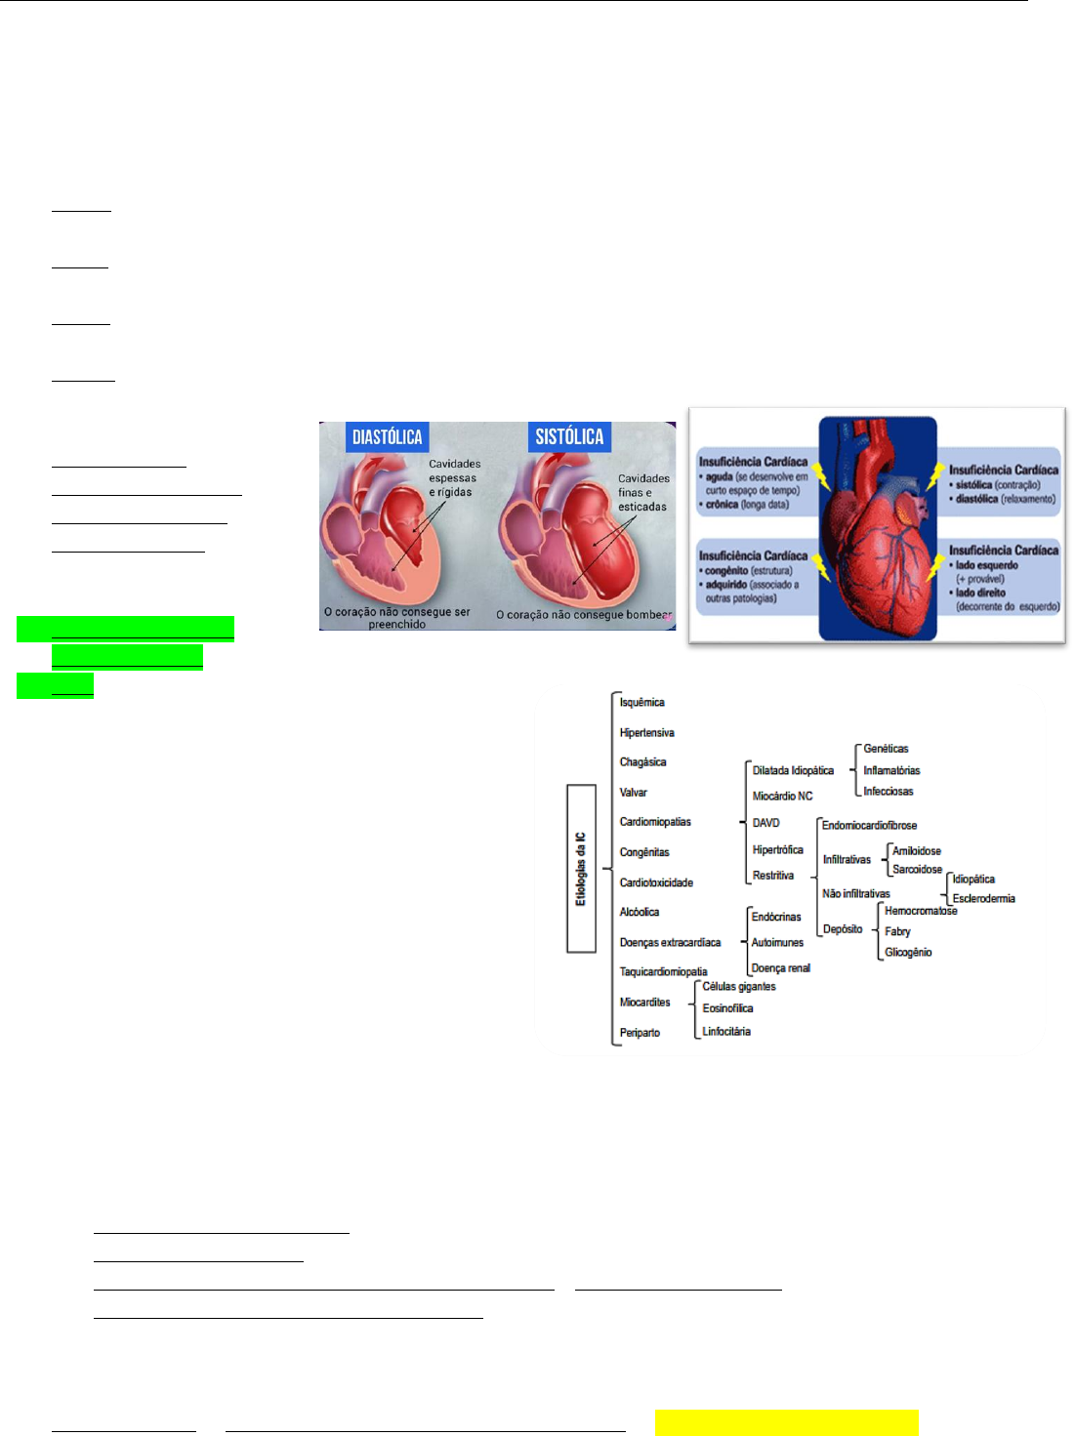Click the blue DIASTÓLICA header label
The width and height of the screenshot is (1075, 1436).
point(387,437)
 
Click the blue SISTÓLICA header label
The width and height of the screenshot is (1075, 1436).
point(569,437)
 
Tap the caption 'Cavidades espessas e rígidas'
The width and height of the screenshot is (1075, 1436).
point(454,478)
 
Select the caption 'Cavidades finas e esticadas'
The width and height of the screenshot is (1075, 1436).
point(643,493)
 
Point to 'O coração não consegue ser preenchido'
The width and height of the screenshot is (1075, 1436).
point(397,618)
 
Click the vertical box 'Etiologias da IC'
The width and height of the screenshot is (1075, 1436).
point(581,869)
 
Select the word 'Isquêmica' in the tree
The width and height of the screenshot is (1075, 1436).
point(641,703)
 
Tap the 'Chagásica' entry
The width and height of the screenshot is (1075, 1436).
point(642,762)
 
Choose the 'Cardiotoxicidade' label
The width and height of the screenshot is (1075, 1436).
point(656,882)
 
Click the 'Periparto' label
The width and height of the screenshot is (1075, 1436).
point(640,1033)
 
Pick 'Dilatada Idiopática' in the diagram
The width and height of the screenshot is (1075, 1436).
point(793,771)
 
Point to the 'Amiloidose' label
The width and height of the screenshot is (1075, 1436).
point(917,851)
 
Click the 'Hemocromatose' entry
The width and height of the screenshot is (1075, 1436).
point(921,911)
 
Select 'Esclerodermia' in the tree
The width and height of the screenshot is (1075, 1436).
point(983,899)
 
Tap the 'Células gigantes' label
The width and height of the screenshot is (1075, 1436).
point(739,987)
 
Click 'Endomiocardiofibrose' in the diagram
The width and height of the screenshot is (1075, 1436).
point(869,826)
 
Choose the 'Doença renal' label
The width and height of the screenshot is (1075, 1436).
point(781,968)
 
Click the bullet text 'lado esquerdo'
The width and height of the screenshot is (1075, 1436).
point(986,565)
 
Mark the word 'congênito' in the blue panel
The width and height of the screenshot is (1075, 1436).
point(726,571)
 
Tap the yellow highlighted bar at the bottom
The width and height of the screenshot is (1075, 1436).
point(787,1422)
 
